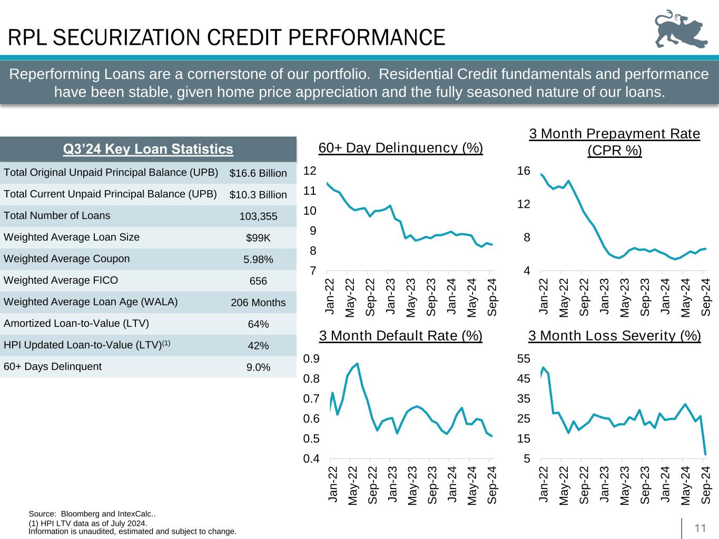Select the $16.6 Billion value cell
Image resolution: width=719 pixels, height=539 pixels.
(x=258, y=173)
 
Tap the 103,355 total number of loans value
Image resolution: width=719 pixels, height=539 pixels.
(x=258, y=216)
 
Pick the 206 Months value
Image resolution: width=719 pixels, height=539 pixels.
(x=258, y=303)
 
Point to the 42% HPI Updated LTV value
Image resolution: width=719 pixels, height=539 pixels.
(x=258, y=346)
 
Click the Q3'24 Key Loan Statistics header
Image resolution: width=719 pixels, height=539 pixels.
(x=148, y=149)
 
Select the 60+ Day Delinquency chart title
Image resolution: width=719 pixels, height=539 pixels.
(x=401, y=148)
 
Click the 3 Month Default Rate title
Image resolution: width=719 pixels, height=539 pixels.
(x=401, y=336)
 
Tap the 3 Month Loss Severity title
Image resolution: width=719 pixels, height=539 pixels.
(x=614, y=336)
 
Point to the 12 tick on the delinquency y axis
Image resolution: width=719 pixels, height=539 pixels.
(x=310, y=171)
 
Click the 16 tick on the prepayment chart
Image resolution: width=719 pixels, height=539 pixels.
(x=523, y=171)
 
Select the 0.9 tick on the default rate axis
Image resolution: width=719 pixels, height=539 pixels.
(x=311, y=358)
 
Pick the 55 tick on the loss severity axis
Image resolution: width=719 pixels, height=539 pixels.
(x=523, y=358)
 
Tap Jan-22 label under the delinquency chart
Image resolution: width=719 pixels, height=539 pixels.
(x=330, y=298)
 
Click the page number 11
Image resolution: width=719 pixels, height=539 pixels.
(x=700, y=528)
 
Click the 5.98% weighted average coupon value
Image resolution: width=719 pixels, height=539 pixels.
(x=258, y=259)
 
